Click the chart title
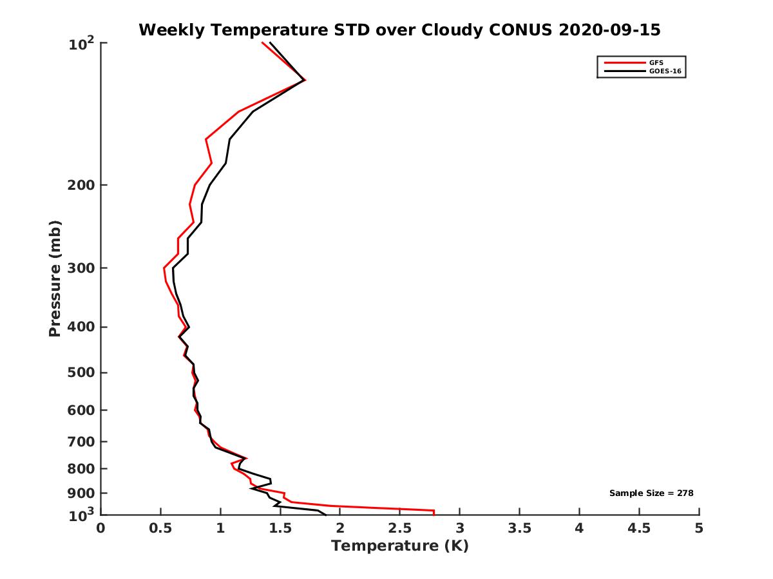(x=399, y=30)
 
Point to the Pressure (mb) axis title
(x=55, y=279)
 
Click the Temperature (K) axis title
(x=399, y=546)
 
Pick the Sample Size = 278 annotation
(x=651, y=493)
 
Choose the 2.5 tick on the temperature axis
(x=399, y=529)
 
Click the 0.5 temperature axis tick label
(x=160, y=529)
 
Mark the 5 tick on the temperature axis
(x=699, y=529)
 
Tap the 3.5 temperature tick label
(x=519, y=529)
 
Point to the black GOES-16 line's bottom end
(x=325, y=514)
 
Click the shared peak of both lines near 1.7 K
(x=303, y=80)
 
